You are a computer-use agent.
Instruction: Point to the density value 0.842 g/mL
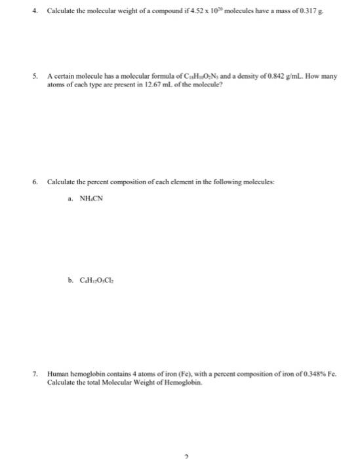tap(275, 77)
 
